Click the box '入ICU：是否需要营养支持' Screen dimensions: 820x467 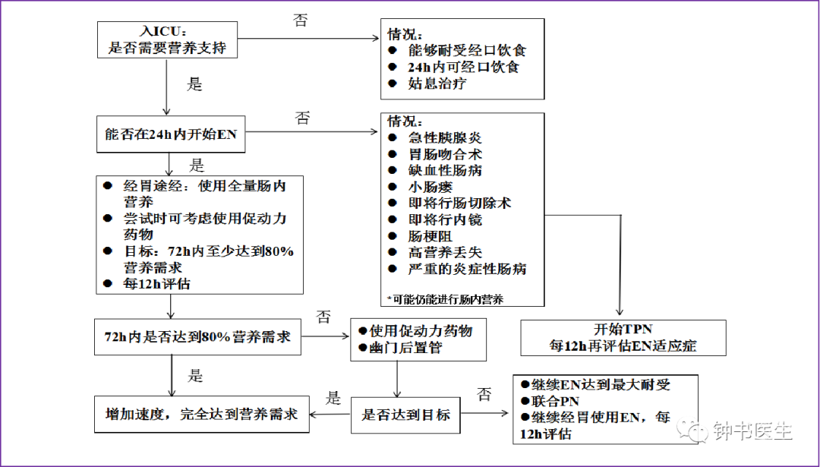[167, 39]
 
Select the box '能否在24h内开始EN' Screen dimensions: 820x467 [171, 134]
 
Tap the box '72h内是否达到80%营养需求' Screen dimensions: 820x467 [197, 337]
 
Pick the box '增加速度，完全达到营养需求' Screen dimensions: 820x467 [202, 414]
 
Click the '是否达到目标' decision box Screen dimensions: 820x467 [405, 415]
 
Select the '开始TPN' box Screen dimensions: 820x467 [623, 338]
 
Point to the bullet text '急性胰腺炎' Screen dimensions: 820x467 [445, 138]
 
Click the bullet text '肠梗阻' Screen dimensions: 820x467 [430, 236]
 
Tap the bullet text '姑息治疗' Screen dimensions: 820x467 [437, 84]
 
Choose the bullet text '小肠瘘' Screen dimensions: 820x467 [430, 187]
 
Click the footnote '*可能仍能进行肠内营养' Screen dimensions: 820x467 [445, 299]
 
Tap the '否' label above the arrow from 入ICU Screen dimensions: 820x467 [300, 20]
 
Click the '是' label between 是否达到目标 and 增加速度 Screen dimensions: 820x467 [333, 397]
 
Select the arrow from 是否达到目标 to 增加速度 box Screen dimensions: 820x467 [330, 415]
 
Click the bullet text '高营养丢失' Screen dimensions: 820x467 [445, 253]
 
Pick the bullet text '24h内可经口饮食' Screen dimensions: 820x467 [464, 67]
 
